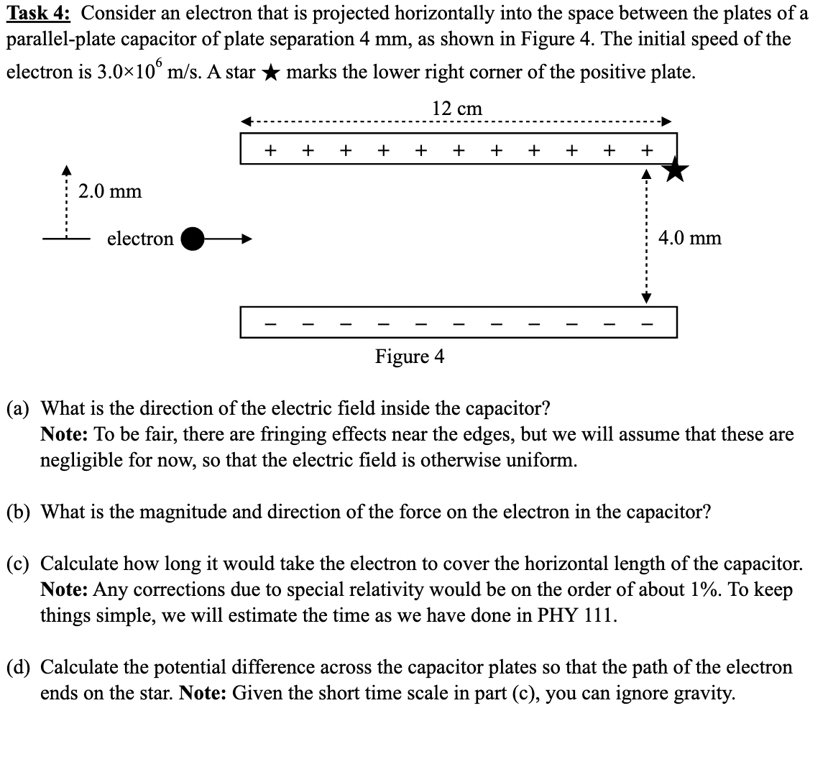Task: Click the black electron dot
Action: click(x=192, y=239)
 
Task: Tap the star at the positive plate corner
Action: click(x=675, y=170)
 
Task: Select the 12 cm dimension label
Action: click(x=457, y=109)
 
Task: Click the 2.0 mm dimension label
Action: click(x=110, y=191)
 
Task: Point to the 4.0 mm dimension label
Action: click(x=689, y=238)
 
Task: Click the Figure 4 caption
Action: click(x=410, y=356)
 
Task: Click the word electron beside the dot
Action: click(x=140, y=239)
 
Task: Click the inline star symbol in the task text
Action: click(x=270, y=73)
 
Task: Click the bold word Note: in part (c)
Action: click(x=63, y=589)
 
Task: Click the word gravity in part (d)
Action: click(x=705, y=694)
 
